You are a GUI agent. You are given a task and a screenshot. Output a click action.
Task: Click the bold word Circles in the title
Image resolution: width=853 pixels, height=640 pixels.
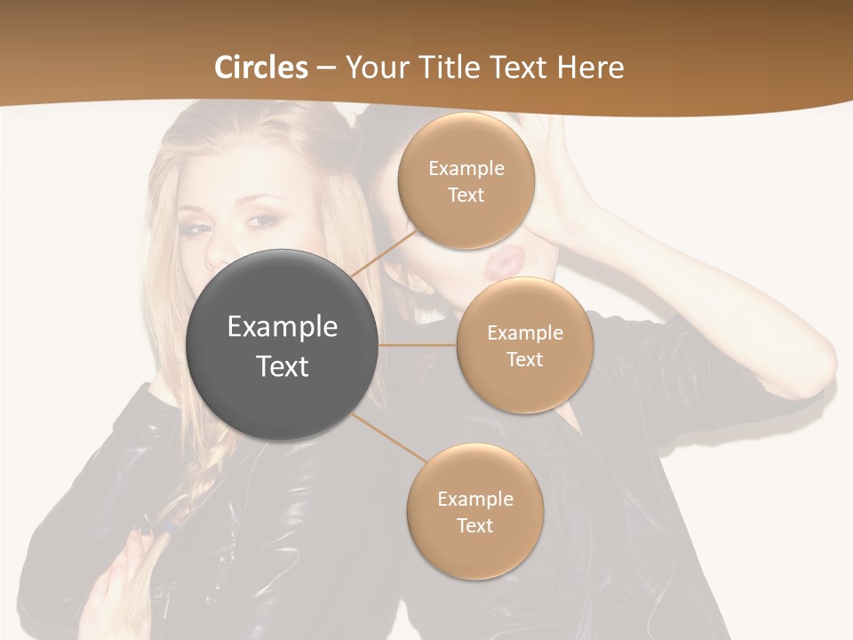coord(261,67)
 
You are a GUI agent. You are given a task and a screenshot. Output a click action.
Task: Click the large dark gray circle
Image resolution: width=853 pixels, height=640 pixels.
coord(282,345)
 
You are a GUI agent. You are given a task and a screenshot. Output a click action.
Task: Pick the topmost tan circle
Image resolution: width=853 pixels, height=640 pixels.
coord(466,180)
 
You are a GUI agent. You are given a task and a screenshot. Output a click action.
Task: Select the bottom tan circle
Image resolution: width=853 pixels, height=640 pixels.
coord(474,511)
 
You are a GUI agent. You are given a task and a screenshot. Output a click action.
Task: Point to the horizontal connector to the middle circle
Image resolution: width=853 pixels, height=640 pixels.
coord(417,345)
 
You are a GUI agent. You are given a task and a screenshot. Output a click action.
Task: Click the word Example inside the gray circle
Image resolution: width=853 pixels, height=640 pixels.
coord(282,326)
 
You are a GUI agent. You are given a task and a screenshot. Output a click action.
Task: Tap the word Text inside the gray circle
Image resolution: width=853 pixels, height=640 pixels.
coord(282,366)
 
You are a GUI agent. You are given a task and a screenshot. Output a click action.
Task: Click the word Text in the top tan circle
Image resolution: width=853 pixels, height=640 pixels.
coord(466,195)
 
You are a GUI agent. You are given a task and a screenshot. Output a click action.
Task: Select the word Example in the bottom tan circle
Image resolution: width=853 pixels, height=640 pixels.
coord(474,499)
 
